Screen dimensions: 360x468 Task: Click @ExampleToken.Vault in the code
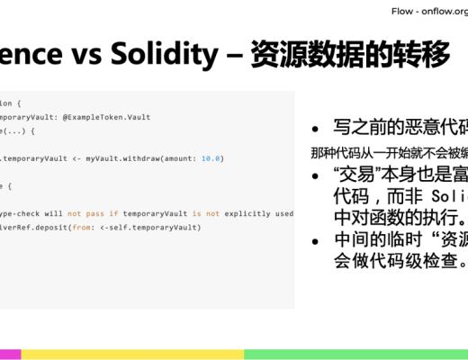107,117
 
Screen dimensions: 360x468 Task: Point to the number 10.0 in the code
212,158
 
